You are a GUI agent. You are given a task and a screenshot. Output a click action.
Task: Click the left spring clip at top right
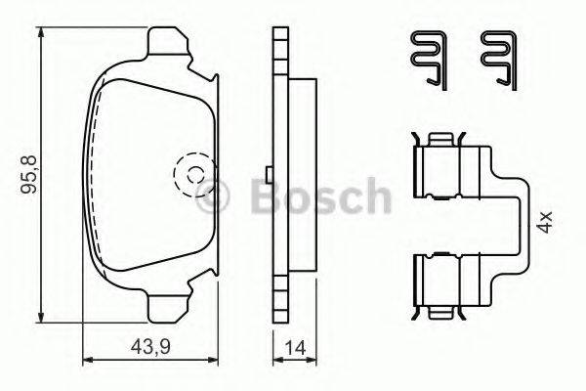coord(427,59)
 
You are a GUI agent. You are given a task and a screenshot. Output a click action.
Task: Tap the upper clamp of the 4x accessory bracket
coord(451,167)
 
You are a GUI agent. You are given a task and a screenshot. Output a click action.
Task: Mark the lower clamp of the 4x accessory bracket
coord(451,281)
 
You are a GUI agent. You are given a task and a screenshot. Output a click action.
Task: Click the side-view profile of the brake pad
coord(282,176)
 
